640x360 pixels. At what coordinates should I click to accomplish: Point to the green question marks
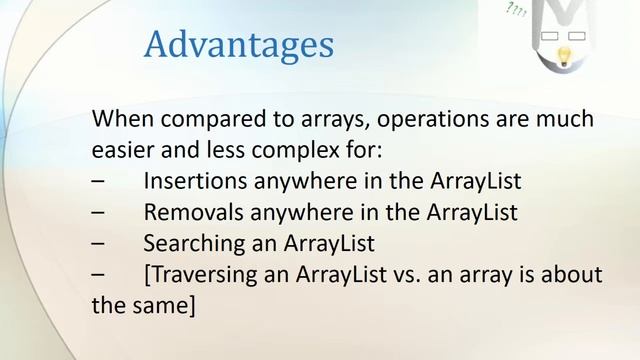tap(517, 11)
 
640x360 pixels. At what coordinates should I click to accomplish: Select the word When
tap(119, 119)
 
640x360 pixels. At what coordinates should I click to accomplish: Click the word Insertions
tap(194, 181)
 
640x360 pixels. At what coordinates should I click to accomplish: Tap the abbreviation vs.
tap(419, 274)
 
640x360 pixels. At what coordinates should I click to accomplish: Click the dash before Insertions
tap(98, 182)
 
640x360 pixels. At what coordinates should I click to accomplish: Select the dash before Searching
tap(98, 244)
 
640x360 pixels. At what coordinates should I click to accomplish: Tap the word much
tap(567, 119)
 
